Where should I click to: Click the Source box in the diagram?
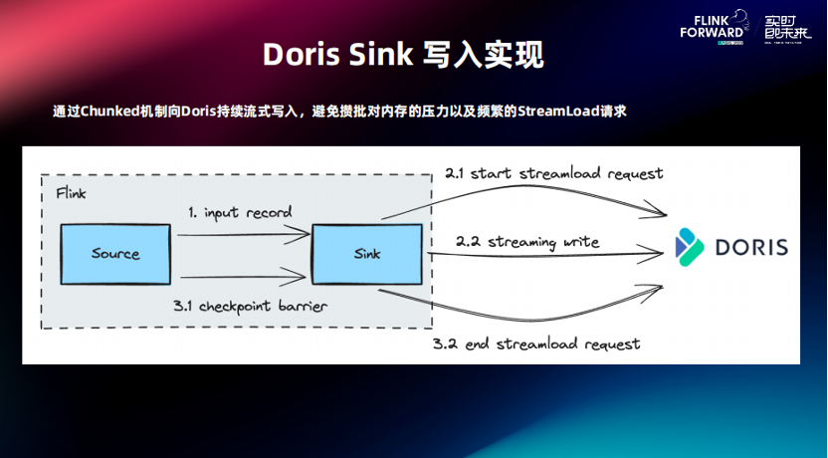coord(115,253)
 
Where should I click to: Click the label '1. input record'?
coord(240,213)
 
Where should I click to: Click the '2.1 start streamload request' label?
coord(553,173)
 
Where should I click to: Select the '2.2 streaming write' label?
coord(527,241)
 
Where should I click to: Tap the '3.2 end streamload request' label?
coord(536,343)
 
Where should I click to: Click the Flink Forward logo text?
coord(712,25)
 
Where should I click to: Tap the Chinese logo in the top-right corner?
coord(785,25)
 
